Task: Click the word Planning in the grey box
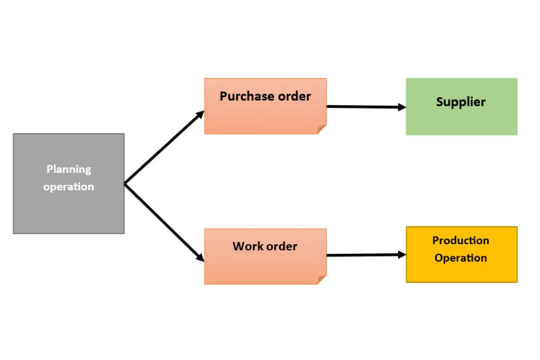[69, 169]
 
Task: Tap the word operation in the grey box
[68, 187]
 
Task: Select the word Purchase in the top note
[247, 96]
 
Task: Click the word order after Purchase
[295, 96]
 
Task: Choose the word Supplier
[461, 102]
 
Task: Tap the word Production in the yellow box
[461, 241]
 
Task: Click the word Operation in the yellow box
[461, 258]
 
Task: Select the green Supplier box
[461, 106]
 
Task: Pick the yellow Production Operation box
[461, 254]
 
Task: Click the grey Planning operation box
[69, 184]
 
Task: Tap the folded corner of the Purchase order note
[321, 130]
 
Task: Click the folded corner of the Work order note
[321, 280]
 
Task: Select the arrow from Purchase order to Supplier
[366, 107]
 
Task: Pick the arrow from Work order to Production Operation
[366, 255]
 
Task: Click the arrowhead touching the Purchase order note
[200, 114]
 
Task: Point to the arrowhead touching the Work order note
[200, 257]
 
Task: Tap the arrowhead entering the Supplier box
[402, 107]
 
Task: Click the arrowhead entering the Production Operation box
[402, 254]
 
